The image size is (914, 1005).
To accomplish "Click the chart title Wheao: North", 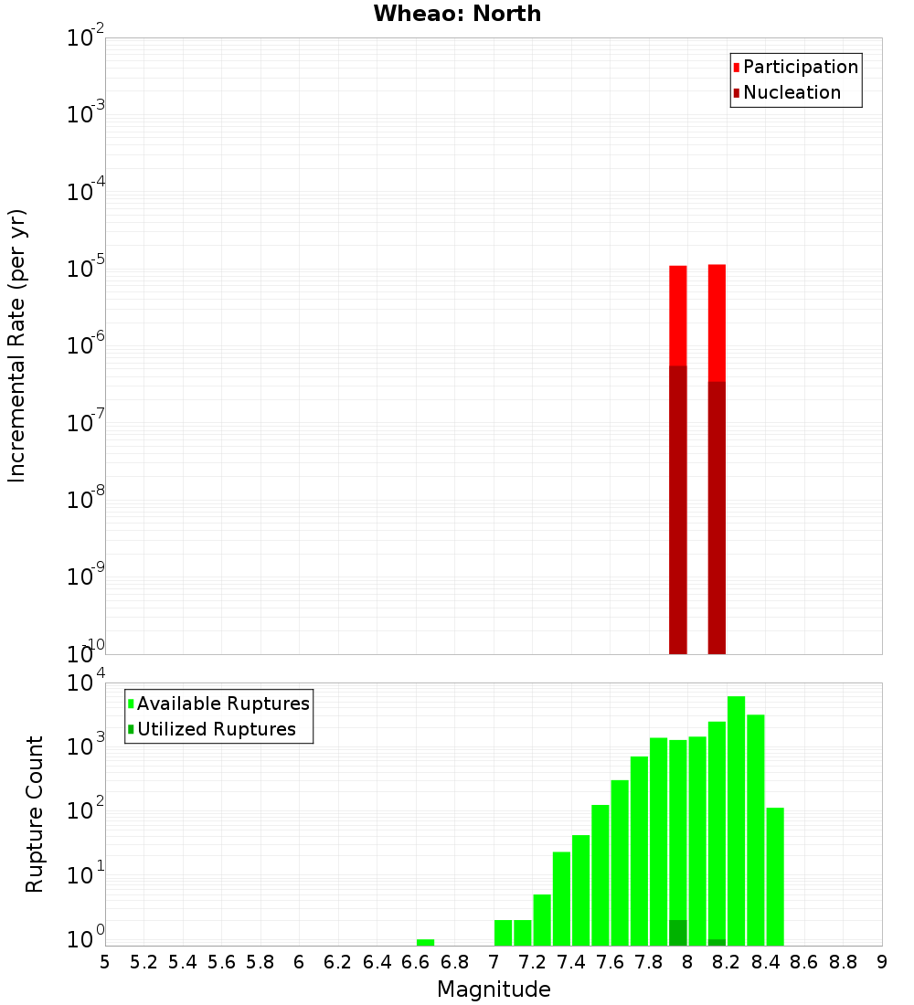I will point(457,15).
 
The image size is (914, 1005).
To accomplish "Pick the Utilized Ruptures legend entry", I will point(216,729).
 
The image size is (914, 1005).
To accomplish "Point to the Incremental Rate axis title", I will point(17,346).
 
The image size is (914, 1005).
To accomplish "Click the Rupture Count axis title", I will point(35,814).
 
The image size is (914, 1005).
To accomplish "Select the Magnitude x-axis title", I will point(494,989).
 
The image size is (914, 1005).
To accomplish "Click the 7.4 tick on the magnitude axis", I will point(571,962).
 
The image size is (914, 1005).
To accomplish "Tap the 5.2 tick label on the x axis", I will point(143,962).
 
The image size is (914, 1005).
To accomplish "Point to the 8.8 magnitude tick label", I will point(843,962).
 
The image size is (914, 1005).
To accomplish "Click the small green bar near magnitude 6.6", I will point(425,942).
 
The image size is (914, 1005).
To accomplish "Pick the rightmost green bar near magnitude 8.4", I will point(775,876).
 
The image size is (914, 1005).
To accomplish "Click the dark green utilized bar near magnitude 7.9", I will point(677,933).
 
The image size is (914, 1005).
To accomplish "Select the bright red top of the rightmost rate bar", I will point(717,320).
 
